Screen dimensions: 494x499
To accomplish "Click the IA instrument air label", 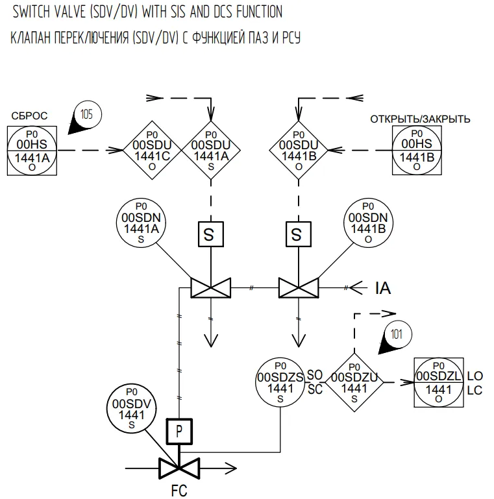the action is [x=383, y=288].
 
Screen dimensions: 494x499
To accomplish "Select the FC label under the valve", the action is [x=179, y=491].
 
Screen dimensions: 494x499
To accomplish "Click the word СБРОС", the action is [x=29, y=116].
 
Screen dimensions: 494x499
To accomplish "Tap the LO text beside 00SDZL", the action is [x=475, y=376].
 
